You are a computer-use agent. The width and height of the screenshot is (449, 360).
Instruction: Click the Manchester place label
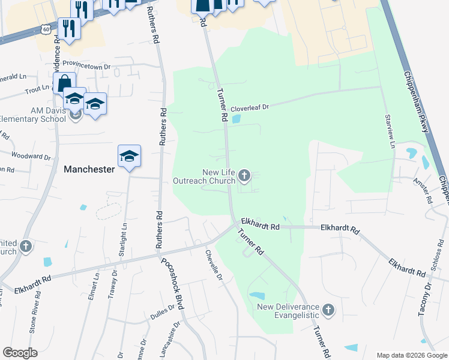click(89, 169)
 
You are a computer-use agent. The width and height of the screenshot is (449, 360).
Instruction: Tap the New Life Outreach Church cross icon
click(244, 176)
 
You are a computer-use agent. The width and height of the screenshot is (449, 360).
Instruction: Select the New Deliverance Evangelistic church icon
click(328, 310)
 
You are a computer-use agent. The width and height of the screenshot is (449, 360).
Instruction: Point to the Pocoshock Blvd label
click(172, 284)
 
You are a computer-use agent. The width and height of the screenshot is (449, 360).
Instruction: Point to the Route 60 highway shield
click(47, 28)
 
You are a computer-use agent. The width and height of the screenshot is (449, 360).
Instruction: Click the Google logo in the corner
click(20, 353)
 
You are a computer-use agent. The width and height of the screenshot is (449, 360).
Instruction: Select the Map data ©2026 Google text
click(411, 355)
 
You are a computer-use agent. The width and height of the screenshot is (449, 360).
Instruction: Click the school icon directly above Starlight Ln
click(129, 157)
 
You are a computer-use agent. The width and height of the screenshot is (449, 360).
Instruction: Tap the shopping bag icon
click(64, 83)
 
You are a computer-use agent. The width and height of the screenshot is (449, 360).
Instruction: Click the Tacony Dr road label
click(425, 300)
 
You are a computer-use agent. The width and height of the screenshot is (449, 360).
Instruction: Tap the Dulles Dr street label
click(162, 308)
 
